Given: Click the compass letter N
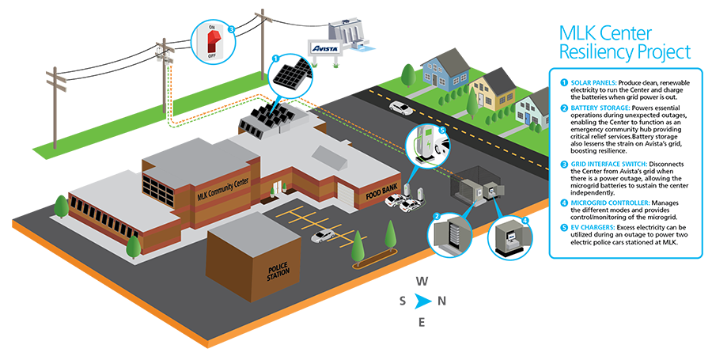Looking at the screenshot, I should point(443,301).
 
